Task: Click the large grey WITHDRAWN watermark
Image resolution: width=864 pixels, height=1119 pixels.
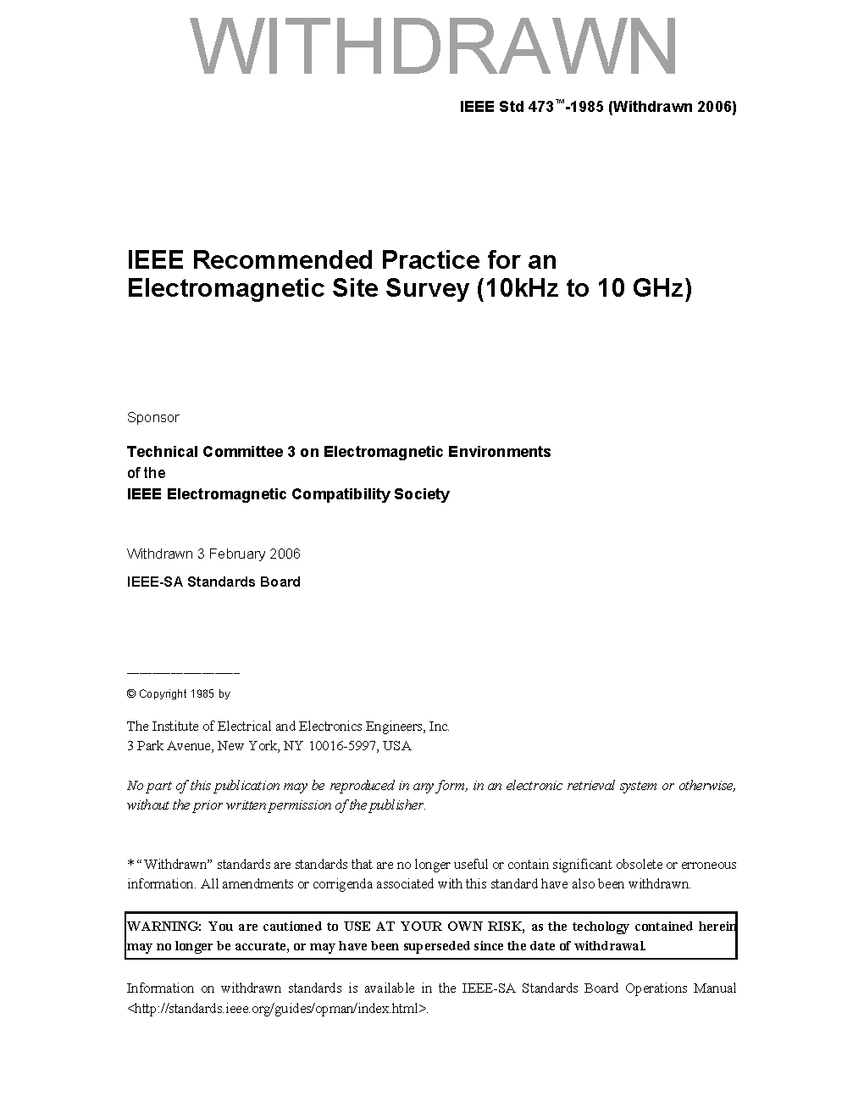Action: click(x=434, y=47)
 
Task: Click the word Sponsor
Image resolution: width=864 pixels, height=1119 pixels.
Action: click(x=153, y=417)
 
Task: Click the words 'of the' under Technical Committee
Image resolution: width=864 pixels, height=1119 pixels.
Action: click(x=146, y=473)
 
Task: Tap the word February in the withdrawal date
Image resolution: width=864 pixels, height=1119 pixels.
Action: click(x=236, y=554)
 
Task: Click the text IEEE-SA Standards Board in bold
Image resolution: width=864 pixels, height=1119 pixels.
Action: click(x=213, y=582)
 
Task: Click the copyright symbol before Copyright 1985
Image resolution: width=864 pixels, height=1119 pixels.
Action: click(x=131, y=693)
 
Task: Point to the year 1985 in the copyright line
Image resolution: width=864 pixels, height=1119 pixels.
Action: click(x=202, y=693)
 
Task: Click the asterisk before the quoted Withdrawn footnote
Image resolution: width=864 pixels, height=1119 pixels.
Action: click(x=130, y=864)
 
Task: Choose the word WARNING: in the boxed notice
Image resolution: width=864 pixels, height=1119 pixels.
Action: click(x=163, y=927)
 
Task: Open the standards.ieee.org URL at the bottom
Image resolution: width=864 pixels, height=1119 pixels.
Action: click(x=277, y=1009)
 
